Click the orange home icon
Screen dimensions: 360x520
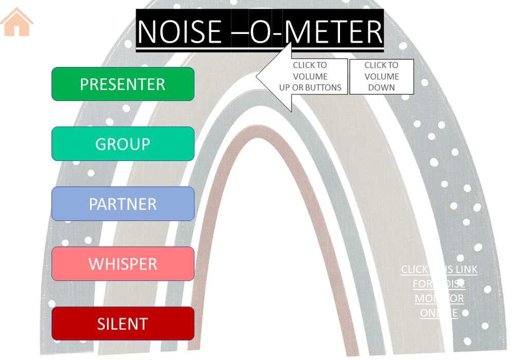(x=16, y=22)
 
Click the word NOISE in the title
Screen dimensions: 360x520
(x=180, y=32)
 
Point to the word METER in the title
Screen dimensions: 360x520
(x=334, y=32)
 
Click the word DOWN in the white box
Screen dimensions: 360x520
(x=381, y=87)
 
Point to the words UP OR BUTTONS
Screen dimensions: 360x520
(x=310, y=87)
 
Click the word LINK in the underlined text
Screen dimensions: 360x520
(x=466, y=269)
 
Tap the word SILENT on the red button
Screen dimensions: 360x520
(x=122, y=324)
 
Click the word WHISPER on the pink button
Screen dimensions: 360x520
(x=123, y=264)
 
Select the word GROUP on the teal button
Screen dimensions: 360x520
(x=122, y=144)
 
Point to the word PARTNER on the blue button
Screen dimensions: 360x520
(x=123, y=204)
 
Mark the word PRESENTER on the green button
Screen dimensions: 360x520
(x=122, y=84)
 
